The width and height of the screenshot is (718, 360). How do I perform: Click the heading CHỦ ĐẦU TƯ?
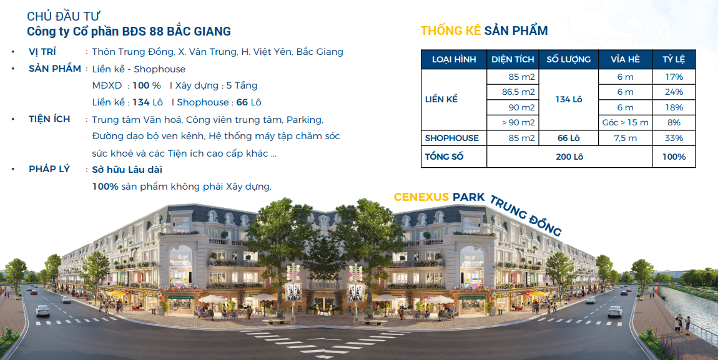click(x=63, y=16)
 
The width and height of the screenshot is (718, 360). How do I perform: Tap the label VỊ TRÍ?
click(x=42, y=52)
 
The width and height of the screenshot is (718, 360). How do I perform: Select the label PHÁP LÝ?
click(x=49, y=169)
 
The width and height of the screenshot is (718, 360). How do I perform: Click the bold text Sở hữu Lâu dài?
click(x=127, y=169)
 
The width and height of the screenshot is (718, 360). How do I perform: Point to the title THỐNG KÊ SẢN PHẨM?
click(x=484, y=31)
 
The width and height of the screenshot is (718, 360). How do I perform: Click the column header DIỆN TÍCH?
click(x=513, y=60)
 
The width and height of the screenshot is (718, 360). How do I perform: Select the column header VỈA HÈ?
click(x=625, y=60)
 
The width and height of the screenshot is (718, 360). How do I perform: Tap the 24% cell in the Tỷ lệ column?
click(x=674, y=92)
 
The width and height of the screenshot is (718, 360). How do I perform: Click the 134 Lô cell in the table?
click(x=569, y=100)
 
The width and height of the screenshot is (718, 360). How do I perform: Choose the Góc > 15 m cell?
click(x=625, y=123)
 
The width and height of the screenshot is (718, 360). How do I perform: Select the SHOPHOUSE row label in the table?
click(x=451, y=138)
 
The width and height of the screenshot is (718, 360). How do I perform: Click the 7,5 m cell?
click(x=625, y=138)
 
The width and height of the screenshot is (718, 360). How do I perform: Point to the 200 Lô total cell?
click(x=569, y=157)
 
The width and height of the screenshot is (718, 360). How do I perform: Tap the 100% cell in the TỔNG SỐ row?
click(x=674, y=157)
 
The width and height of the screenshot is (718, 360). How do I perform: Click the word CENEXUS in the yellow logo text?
click(x=421, y=197)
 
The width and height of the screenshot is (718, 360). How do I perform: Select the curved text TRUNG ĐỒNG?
click(x=526, y=216)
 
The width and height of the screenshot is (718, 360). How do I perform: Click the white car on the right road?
click(x=614, y=311)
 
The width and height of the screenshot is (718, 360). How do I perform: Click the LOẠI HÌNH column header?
click(x=454, y=60)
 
